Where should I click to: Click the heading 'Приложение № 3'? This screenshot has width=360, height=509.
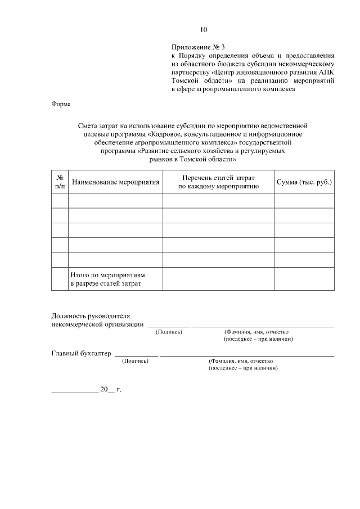(201, 48)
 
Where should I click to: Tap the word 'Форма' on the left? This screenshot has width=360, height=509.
(61, 104)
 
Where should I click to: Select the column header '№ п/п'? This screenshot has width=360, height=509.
(60, 181)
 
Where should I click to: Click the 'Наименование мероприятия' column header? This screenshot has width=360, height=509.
(115, 182)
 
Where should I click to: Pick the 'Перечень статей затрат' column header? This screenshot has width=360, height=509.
(218, 182)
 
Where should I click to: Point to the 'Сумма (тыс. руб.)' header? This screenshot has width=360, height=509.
(304, 182)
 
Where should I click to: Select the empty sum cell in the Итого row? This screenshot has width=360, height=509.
(304, 279)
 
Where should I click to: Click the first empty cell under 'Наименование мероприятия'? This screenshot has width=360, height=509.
(115, 201)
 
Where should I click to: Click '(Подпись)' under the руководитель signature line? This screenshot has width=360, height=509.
(169, 332)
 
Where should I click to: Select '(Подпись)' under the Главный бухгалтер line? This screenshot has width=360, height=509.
(135, 361)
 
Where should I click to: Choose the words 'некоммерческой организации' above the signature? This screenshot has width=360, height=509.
(97, 325)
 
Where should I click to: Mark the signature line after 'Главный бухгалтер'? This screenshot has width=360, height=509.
(137, 355)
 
